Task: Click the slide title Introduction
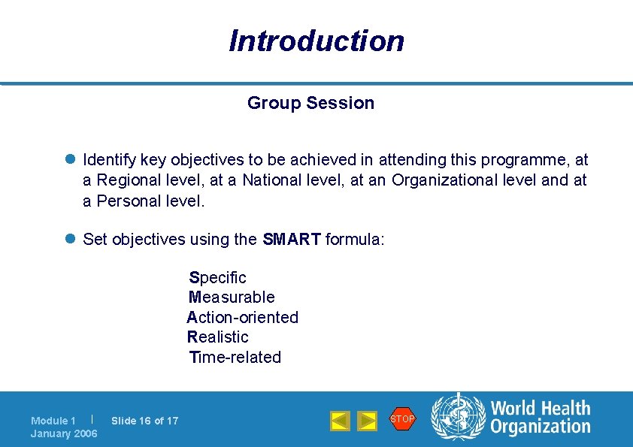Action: click(316, 41)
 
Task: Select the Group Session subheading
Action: click(310, 103)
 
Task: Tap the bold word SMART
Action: click(292, 240)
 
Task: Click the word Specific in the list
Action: click(218, 278)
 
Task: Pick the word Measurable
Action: click(232, 297)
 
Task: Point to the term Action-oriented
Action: click(243, 318)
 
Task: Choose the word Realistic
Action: click(218, 337)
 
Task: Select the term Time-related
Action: click(235, 358)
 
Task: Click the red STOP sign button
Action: click(402, 418)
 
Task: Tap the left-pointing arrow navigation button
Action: click(341, 421)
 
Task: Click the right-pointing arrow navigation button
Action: click(367, 421)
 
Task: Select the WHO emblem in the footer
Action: click(458, 418)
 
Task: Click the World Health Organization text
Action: click(541, 418)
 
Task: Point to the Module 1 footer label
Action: click(53, 421)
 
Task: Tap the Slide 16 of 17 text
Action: click(145, 421)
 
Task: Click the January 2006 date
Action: click(64, 433)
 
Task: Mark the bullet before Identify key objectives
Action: click(70, 160)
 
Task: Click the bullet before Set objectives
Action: click(70, 240)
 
